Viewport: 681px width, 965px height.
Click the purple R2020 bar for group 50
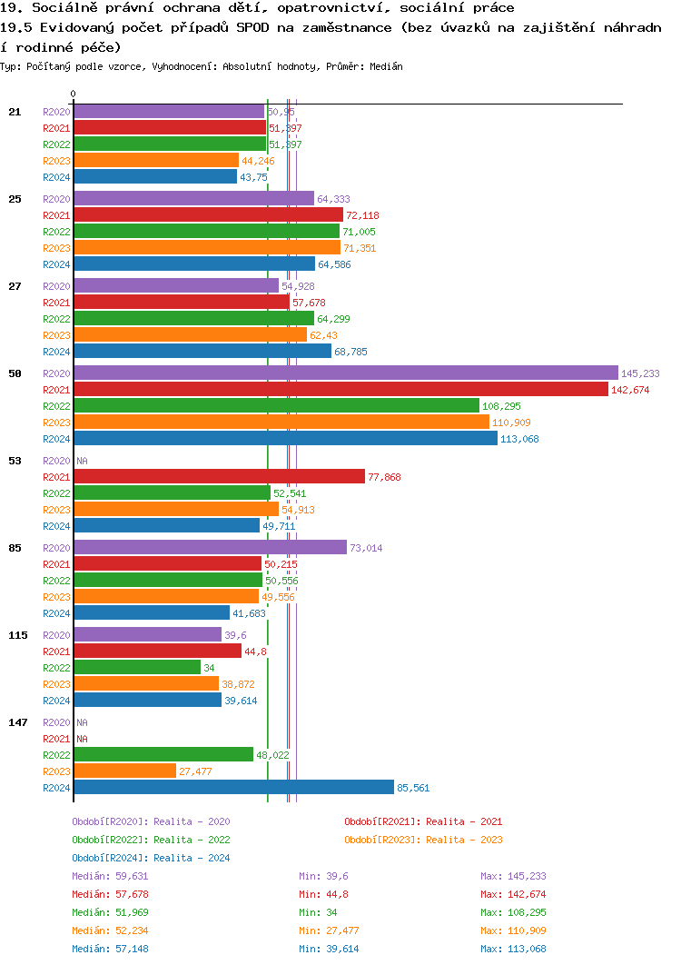[345, 373]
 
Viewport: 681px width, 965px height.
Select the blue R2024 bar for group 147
[233, 788]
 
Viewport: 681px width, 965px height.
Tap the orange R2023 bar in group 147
[124, 771]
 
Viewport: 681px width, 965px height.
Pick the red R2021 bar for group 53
[219, 477]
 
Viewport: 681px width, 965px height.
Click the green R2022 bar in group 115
[137, 668]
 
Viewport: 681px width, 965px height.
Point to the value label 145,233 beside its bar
[640, 373]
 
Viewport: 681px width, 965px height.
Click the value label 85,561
[413, 788]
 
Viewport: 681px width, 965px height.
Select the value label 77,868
[384, 477]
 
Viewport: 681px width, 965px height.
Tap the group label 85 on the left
[15, 548]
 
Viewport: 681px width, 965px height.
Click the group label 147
[17, 722]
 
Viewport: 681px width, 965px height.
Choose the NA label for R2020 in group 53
[82, 461]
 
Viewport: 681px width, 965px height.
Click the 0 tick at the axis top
[74, 94]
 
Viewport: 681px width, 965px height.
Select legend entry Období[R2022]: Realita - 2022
[151, 840]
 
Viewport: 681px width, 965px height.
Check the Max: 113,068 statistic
[514, 949]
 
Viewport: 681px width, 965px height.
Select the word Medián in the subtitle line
[386, 66]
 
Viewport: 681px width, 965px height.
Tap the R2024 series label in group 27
[56, 352]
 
